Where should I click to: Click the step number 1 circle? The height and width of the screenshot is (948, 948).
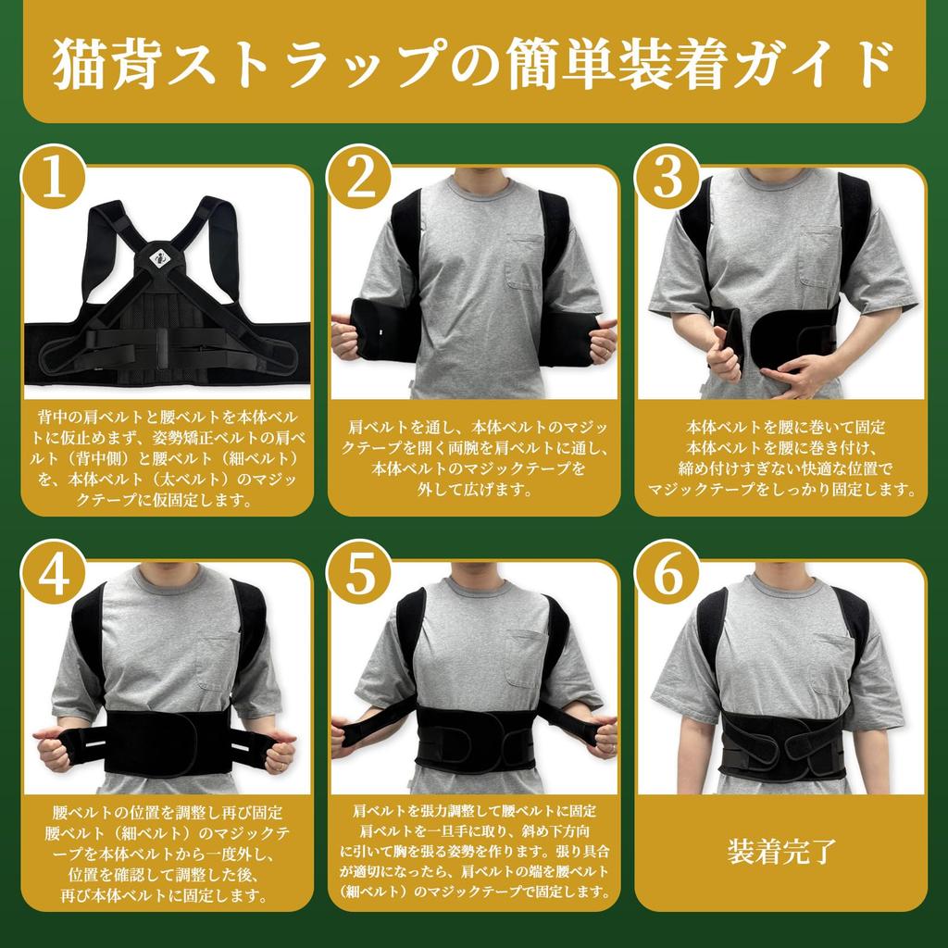[x=53, y=180]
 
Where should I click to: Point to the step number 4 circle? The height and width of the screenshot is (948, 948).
[x=53, y=576]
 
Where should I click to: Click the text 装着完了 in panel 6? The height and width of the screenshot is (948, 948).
[x=782, y=850]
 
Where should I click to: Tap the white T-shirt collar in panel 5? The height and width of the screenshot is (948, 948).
[x=475, y=587]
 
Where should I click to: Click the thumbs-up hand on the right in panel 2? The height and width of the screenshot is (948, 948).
[x=602, y=339]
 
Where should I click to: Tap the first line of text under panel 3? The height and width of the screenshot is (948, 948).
[x=785, y=427]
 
